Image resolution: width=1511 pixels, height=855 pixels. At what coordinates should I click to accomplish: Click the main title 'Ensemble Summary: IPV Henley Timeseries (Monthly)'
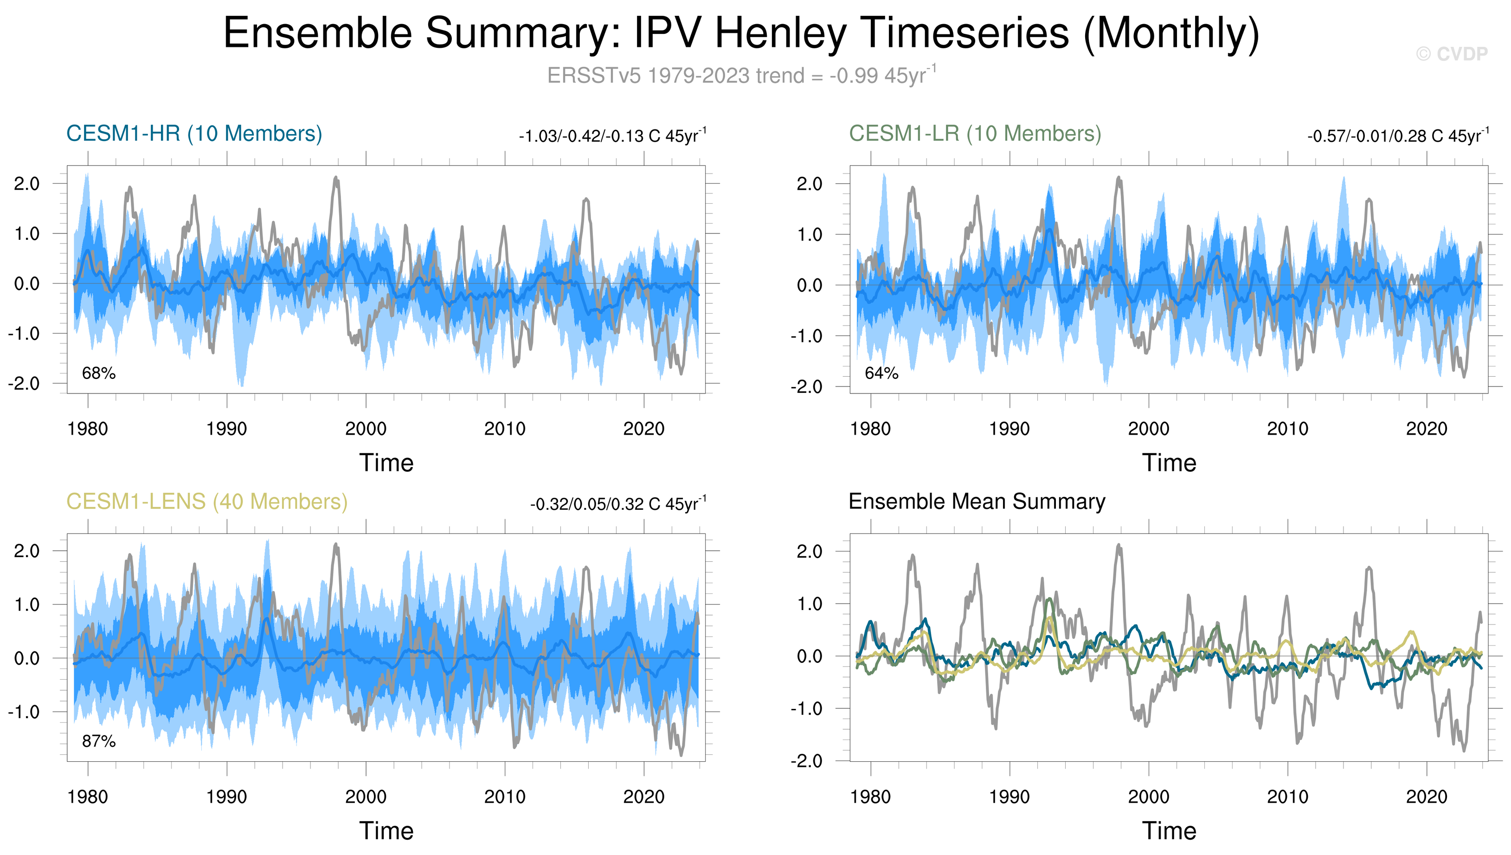coord(741,33)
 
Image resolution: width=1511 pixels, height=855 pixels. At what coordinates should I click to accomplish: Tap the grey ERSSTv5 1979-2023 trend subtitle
coord(741,76)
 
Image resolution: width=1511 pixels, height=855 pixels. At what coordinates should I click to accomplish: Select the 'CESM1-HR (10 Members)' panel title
coord(194,134)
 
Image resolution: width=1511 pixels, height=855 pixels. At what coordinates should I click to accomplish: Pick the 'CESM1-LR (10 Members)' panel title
coord(975,134)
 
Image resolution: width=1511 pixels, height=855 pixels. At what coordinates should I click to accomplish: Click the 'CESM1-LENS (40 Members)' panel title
coord(207,502)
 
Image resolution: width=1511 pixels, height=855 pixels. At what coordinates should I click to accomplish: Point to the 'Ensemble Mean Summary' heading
coord(977,502)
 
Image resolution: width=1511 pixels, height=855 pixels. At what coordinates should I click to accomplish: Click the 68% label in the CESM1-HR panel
coord(99,373)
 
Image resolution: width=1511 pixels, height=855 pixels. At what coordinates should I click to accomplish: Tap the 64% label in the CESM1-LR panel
coord(881,373)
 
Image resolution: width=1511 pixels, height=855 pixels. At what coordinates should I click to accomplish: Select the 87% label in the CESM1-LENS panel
coord(99,742)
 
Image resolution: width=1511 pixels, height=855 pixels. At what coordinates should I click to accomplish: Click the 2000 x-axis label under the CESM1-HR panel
coord(366,429)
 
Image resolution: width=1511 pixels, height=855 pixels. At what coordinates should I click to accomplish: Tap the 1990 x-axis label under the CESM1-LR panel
coord(1009,429)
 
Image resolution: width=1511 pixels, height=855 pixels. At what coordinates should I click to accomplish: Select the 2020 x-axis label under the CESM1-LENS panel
coord(643,797)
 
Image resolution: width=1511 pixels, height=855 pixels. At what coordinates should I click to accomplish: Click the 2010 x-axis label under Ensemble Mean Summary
coord(1287,797)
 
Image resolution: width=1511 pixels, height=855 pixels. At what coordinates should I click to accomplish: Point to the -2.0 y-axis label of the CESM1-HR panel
coord(24,384)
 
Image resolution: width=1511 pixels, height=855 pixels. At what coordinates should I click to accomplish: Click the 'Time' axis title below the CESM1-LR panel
coord(1169,463)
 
